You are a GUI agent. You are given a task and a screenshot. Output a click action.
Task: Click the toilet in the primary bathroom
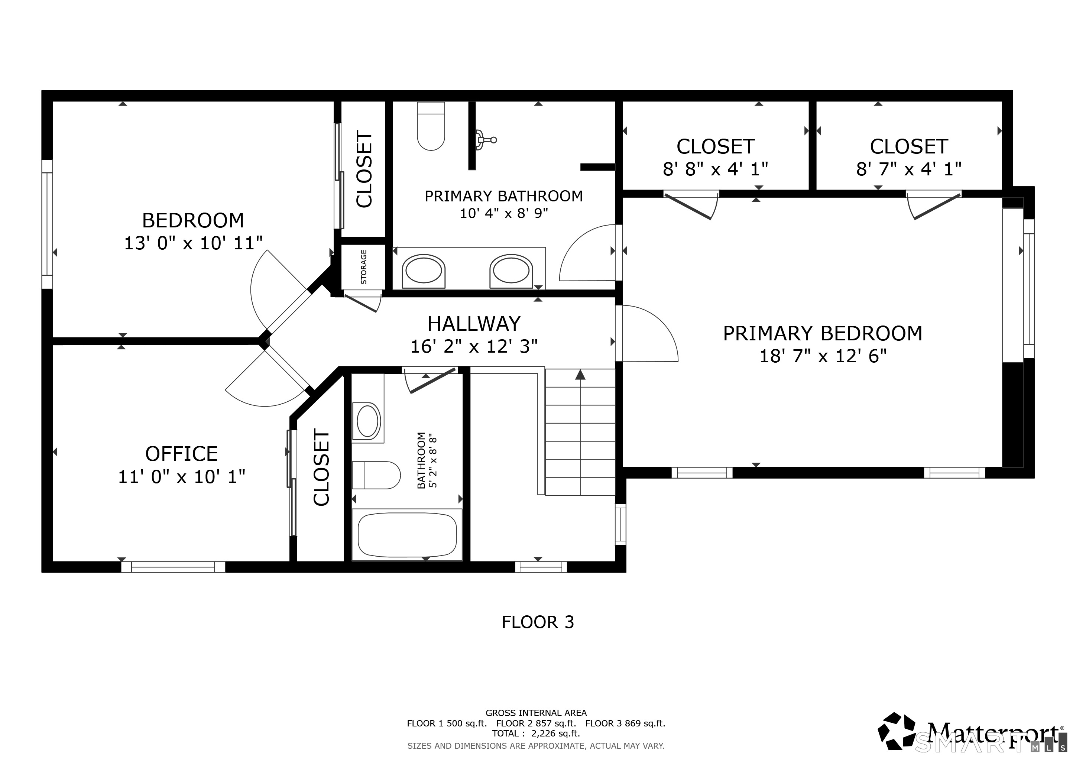[431, 126]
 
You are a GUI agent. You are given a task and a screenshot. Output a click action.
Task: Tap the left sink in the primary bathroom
[424, 271]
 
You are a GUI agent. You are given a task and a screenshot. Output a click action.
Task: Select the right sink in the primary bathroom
[511, 271]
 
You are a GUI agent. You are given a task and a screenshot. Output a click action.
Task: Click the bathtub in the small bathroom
[407, 535]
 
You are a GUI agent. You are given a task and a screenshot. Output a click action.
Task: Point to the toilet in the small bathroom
[376, 475]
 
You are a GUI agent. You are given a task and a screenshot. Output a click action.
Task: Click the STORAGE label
[364, 267]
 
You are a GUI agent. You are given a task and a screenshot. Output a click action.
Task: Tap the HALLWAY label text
[474, 324]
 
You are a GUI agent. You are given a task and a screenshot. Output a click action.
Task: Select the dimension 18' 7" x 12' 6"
[823, 356]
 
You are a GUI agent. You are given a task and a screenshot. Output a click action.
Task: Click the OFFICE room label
[181, 454]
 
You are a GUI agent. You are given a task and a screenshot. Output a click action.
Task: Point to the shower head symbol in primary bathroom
[486, 139]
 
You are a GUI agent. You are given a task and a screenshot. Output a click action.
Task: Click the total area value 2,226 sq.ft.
[555, 734]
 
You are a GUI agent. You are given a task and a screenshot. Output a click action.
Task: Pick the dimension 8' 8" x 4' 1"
[715, 169]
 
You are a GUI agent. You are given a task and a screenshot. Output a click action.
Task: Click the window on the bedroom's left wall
[47, 224]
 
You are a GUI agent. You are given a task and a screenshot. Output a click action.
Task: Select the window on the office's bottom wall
[174, 567]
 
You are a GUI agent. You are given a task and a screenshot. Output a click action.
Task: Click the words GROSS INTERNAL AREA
[536, 713]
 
